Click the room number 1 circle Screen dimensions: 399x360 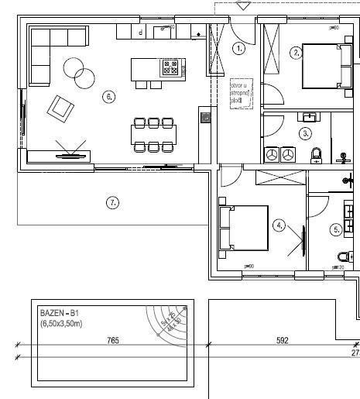coord(238,48)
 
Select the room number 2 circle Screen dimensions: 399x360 coord(296,53)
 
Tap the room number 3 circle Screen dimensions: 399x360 coord(306,132)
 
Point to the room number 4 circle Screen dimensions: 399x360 coord(279,225)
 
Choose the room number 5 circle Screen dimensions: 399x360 coord(336,229)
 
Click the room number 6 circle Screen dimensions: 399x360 coord(108,97)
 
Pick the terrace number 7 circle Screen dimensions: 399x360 coord(112,202)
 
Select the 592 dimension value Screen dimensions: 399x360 coord(282,341)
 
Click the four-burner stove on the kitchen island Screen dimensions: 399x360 coord(170,68)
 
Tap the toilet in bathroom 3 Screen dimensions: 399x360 coord(316,156)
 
